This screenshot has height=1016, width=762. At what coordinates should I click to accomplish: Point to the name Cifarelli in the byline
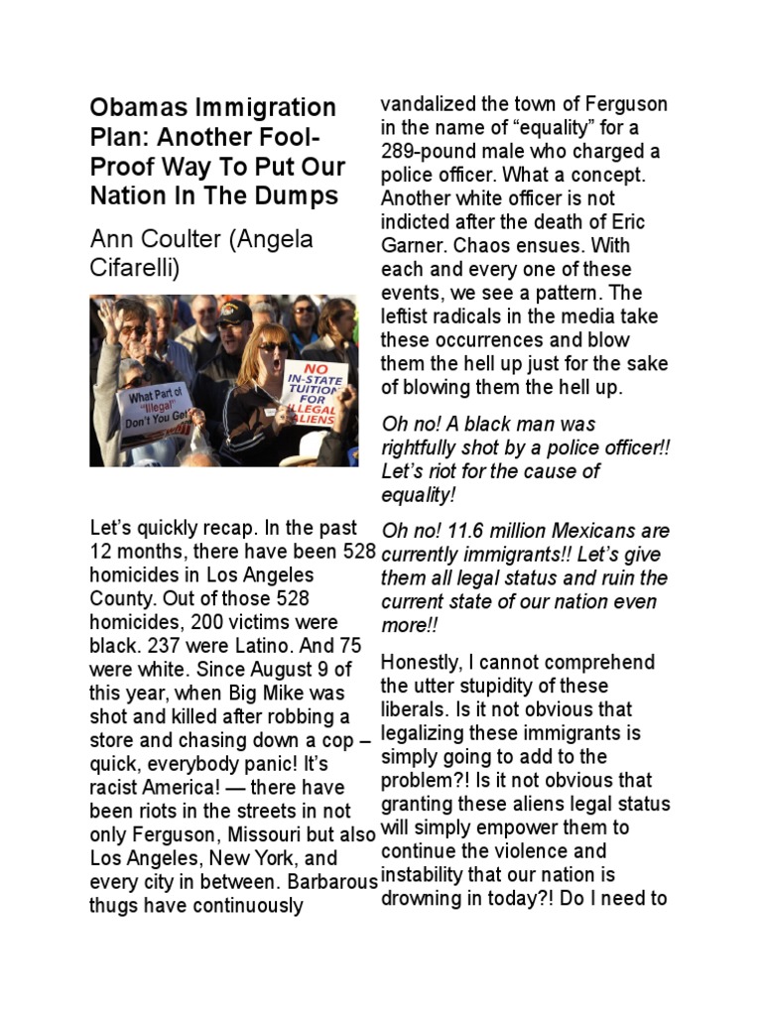[135, 268]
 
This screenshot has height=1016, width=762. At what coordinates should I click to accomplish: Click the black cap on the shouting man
[234, 313]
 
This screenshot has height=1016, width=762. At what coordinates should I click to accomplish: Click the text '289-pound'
[425, 152]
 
